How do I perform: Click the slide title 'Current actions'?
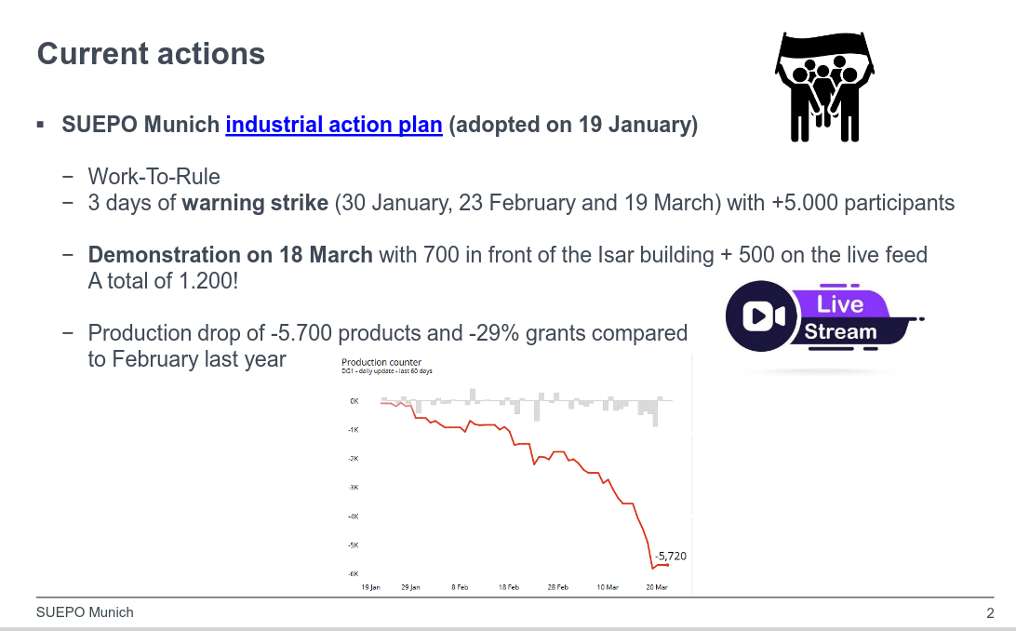coord(151,54)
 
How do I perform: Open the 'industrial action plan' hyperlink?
coord(333,125)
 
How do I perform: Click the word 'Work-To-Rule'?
coord(154,177)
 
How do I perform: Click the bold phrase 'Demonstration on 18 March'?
coord(230,255)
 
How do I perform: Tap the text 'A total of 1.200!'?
coord(163,280)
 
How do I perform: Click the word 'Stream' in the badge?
coord(840,331)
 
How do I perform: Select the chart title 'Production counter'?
coord(381,362)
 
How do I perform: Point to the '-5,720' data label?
coord(670,556)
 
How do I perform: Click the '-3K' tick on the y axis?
coord(354,487)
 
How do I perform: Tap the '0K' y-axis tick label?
coord(354,401)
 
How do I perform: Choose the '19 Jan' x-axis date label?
coord(370,587)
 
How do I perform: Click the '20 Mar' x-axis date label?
coord(657,587)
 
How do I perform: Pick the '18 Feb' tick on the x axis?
coord(508,587)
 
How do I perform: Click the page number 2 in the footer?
coord(990,613)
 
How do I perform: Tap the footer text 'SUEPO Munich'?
coord(85,612)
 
